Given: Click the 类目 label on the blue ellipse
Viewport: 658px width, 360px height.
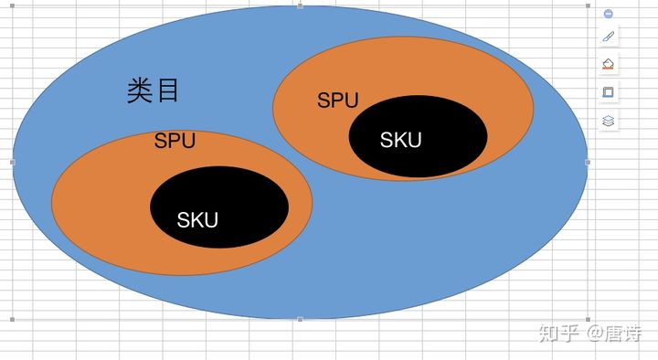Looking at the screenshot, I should pyautogui.click(x=153, y=90).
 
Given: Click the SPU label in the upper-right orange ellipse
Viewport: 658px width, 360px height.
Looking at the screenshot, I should pyautogui.click(x=337, y=101).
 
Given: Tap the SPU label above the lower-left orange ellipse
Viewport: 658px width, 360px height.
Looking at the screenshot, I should pyautogui.click(x=175, y=141).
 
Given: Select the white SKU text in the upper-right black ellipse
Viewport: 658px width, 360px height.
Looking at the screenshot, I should pyautogui.click(x=401, y=140).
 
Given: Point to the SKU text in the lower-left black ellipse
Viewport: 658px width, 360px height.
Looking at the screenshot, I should pyautogui.click(x=197, y=219).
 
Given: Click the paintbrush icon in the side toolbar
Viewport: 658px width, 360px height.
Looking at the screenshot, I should pyautogui.click(x=609, y=37).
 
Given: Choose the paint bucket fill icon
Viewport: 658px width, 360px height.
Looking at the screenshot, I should pyautogui.click(x=609, y=65).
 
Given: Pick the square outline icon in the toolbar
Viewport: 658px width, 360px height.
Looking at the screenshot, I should pyautogui.click(x=609, y=92).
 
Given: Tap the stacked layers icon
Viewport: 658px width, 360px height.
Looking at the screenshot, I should pyautogui.click(x=609, y=120).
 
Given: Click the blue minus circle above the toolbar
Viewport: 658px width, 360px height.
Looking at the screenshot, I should pyautogui.click(x=609, y=14).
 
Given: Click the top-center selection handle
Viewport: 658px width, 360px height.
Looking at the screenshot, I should pyautogui.click(x=301, y=5).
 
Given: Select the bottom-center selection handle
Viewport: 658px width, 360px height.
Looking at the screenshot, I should pyautogui.click(x=301, y=320).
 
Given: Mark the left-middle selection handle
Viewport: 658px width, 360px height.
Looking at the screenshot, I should pyautogui.click(x=13, y=162).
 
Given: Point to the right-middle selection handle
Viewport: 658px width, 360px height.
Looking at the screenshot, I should pyautogui.click(x=588, y=162).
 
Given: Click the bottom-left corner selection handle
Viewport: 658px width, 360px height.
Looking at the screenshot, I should pyautogui.click(x=13, y=320).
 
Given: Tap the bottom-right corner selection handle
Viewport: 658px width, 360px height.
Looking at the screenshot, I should pyautogui.click(x=588, y=320).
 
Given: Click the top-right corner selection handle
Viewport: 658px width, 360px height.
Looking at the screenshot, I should pyautogui.click(x=588, y=5).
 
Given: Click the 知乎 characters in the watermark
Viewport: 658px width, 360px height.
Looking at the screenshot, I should pyautogui.click(x=559, y=333).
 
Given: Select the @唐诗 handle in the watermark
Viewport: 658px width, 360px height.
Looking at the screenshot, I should pyautogui.click(x=614, y=333).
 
